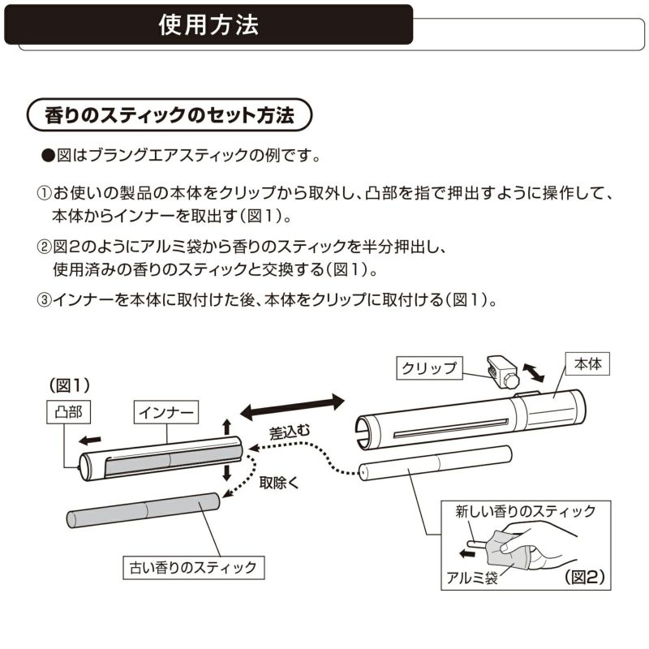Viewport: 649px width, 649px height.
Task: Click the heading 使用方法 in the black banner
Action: click(x=208, y=24)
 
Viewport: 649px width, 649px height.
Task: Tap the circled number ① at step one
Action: click(x=44, y=196)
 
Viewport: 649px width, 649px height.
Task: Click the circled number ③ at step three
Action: click(x=44, y=299)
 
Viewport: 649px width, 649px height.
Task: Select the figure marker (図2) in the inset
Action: click(x=585, y=578)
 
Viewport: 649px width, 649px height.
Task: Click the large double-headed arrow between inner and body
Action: click(x=292, y=403)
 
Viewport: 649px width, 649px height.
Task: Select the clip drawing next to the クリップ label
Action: click(x=501, y=369)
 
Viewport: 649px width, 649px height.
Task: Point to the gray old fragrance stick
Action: click(x=143, y=510)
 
